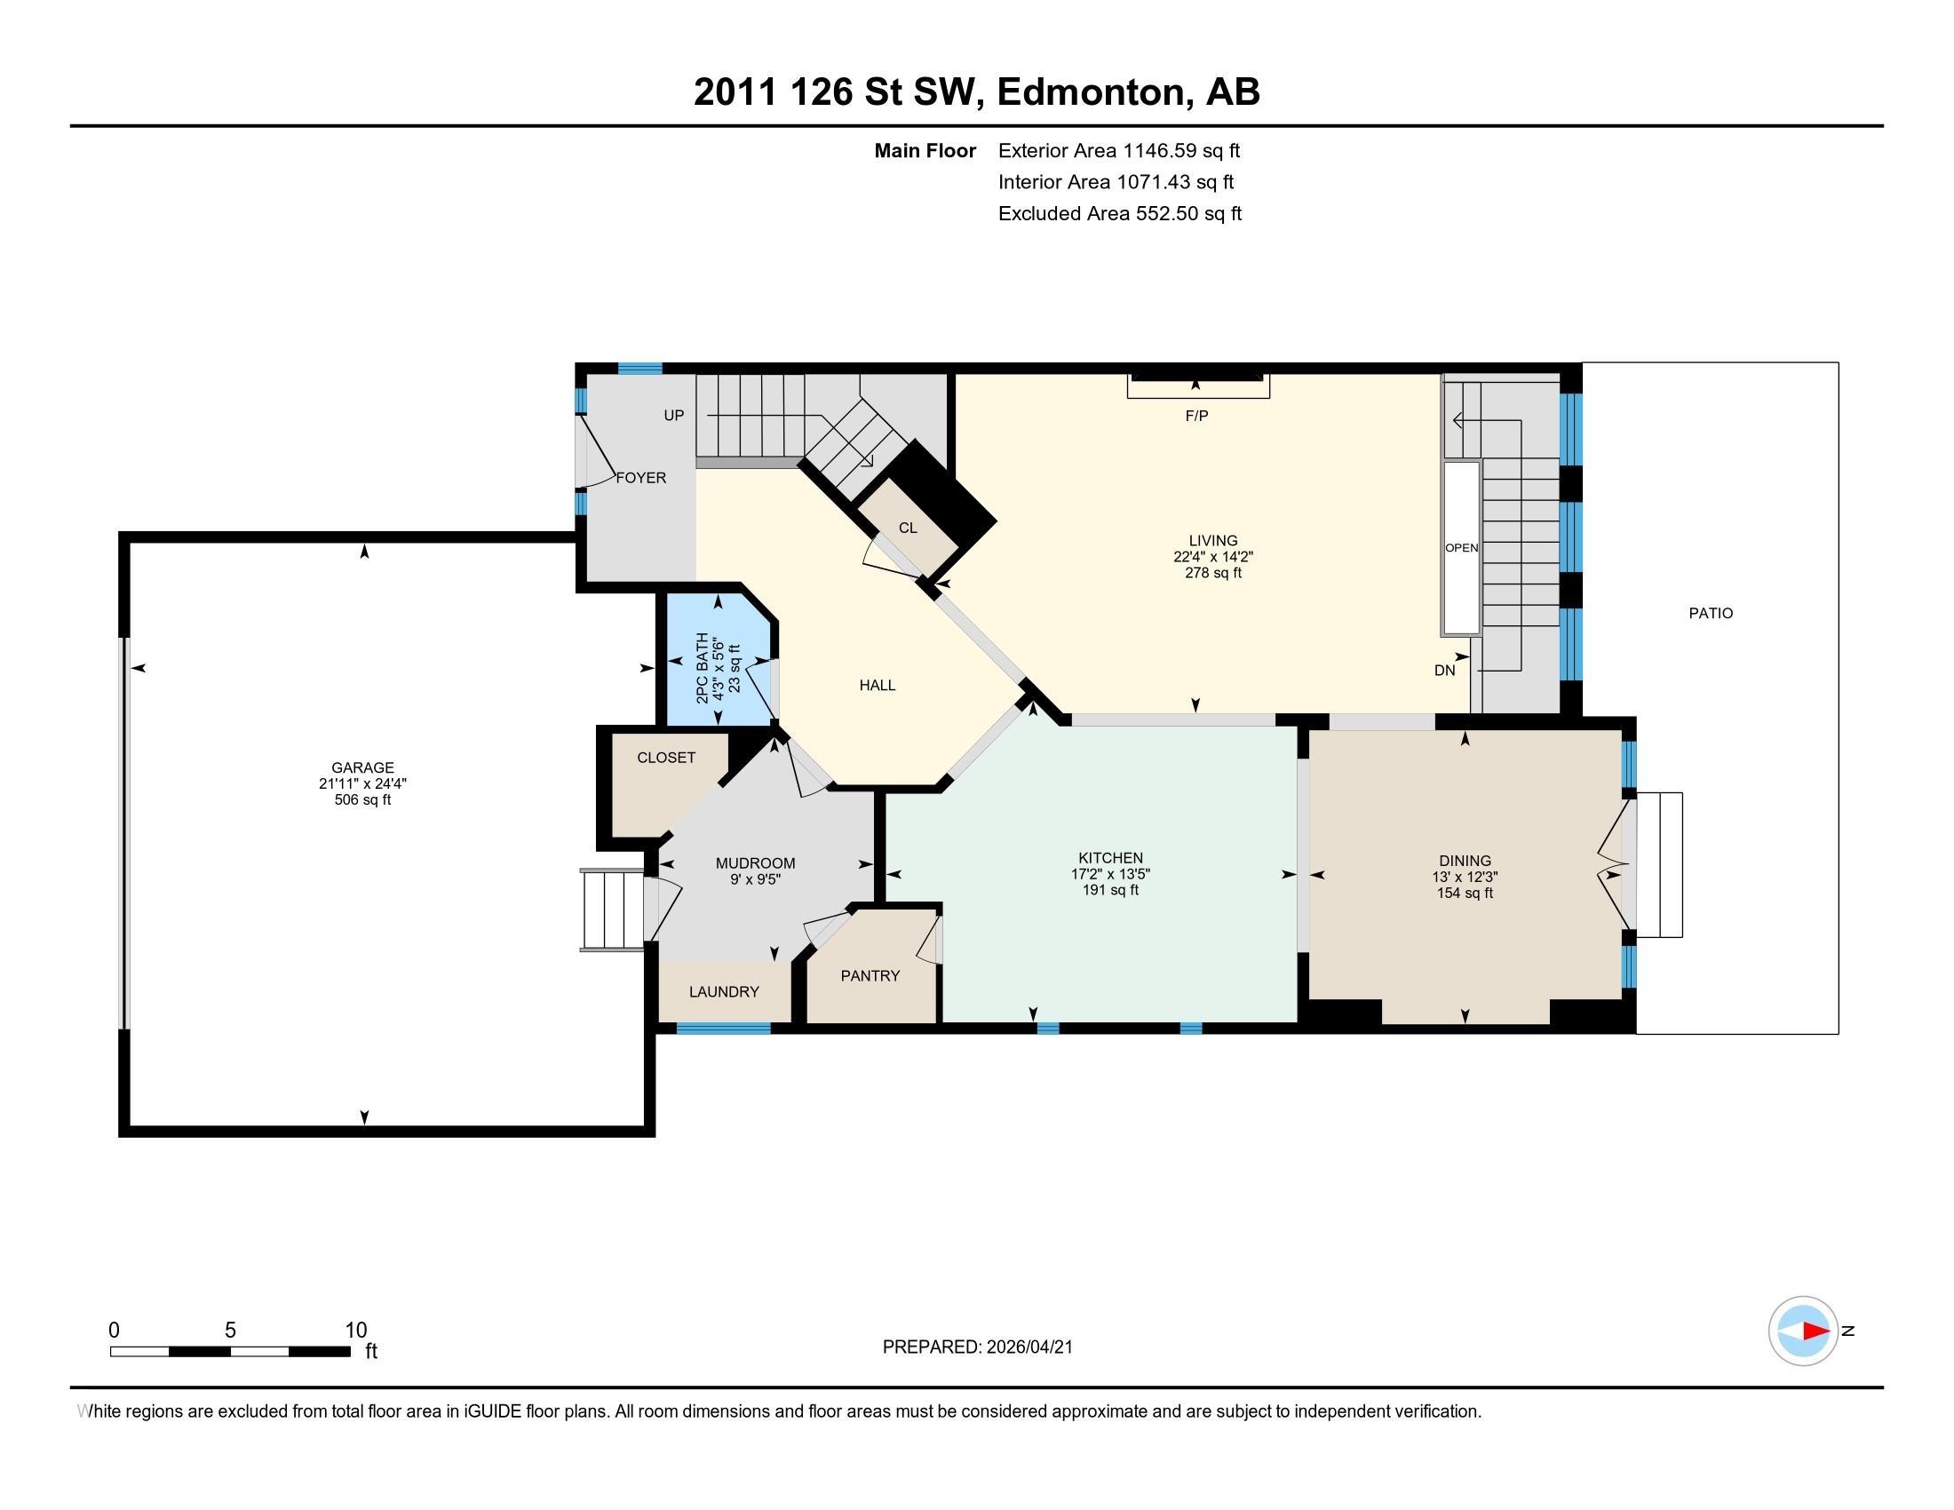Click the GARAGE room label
click(362, 767)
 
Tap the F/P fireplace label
click(1196, 416)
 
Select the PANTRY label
click(870, 976)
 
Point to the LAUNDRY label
click(724, 992)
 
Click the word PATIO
click(1711, 614)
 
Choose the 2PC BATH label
click(703, 668)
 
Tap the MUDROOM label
click(755, 863)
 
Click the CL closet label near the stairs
click(908, 528)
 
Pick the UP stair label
click(674, 415)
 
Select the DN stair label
click(1445, 670)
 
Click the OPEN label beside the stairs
click(1462, 548)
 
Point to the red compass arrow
click(1815, 1331)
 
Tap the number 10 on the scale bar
click(356, 1331)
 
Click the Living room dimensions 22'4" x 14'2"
click(1213, 556)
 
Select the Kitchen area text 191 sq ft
click(1110, 890)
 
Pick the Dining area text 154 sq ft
click(1465, 893)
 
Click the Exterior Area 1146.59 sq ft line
click(1119, 151)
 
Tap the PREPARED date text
click(977, 1347)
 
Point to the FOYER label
click(640, 478)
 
